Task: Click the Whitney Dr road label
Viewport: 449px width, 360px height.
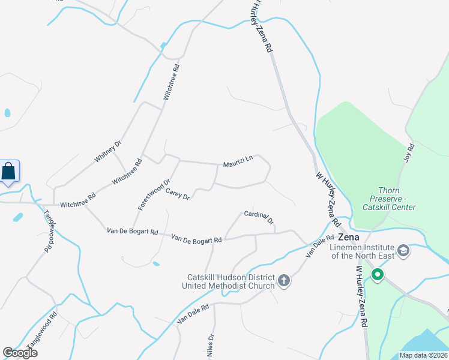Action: (109, 151)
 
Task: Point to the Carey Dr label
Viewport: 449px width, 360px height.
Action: (178, 194)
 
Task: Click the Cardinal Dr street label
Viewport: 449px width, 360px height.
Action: (259, 217)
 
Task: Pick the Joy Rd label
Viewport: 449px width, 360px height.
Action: (411, 152)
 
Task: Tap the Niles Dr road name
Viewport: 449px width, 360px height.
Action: (211, 347)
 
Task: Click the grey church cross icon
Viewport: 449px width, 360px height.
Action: (285, 280)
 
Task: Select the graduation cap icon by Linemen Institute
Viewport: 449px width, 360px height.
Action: (403, 250)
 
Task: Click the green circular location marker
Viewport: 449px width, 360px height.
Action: (378, 275)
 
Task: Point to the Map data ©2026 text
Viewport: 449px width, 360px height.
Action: (423, 355)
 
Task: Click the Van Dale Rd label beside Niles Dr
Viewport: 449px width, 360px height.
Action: (193, 314)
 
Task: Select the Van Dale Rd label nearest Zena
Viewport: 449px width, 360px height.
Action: (319, 246)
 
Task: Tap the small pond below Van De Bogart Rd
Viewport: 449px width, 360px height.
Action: (156, 263)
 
